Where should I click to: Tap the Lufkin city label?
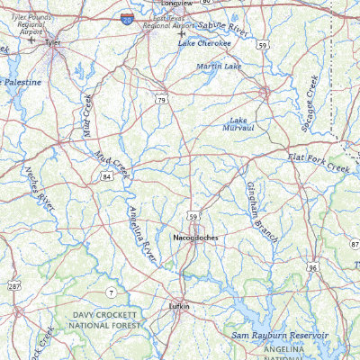(x=180, y=307)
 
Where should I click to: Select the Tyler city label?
(x=53, y=40)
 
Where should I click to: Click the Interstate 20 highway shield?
(x=125, y=18)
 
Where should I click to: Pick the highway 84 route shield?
(x=106, y=176)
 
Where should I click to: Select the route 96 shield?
(x=311, y=267)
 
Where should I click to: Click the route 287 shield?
(x=15, y=285)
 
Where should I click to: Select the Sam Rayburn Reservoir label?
(x=280, y=335)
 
